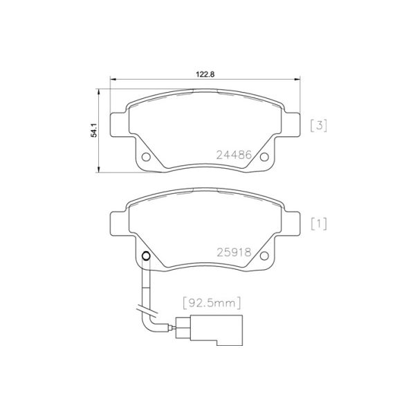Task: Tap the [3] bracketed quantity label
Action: pos(318,125)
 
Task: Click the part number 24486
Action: pos(232,156)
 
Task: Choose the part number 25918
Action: pos(232,254)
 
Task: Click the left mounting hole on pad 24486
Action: pos(146,158)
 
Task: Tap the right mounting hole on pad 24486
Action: pos(264,158)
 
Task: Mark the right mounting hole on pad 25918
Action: pos(264,257)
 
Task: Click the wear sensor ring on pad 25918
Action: pos(146,257)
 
